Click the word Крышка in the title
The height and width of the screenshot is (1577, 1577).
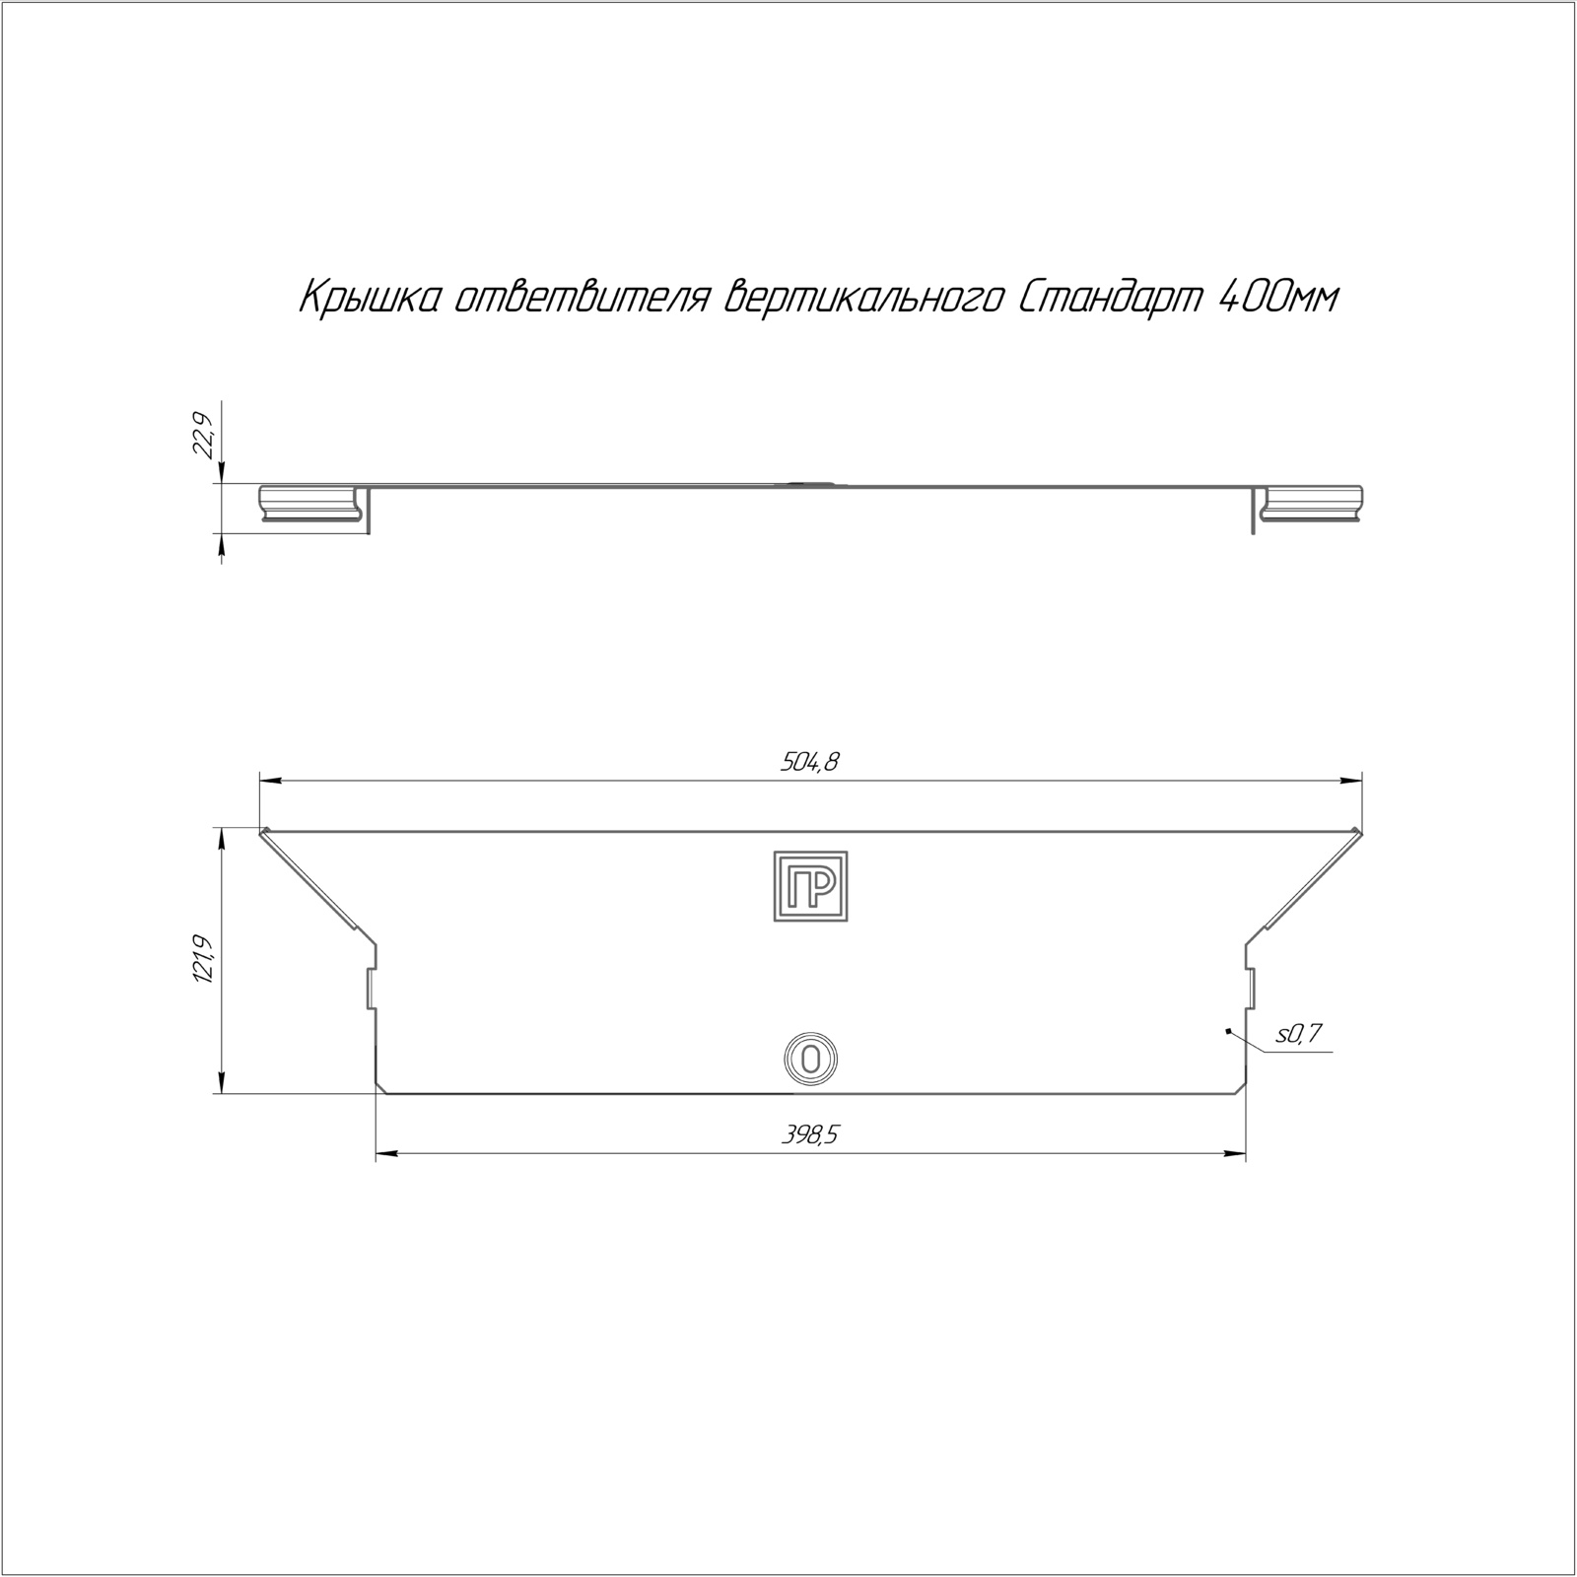point(367,299)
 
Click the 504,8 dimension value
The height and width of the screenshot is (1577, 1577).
point(810,761)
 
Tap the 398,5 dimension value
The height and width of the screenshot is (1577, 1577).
point(810,1135)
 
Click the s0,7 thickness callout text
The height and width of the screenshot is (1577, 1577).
point(1298,1034)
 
